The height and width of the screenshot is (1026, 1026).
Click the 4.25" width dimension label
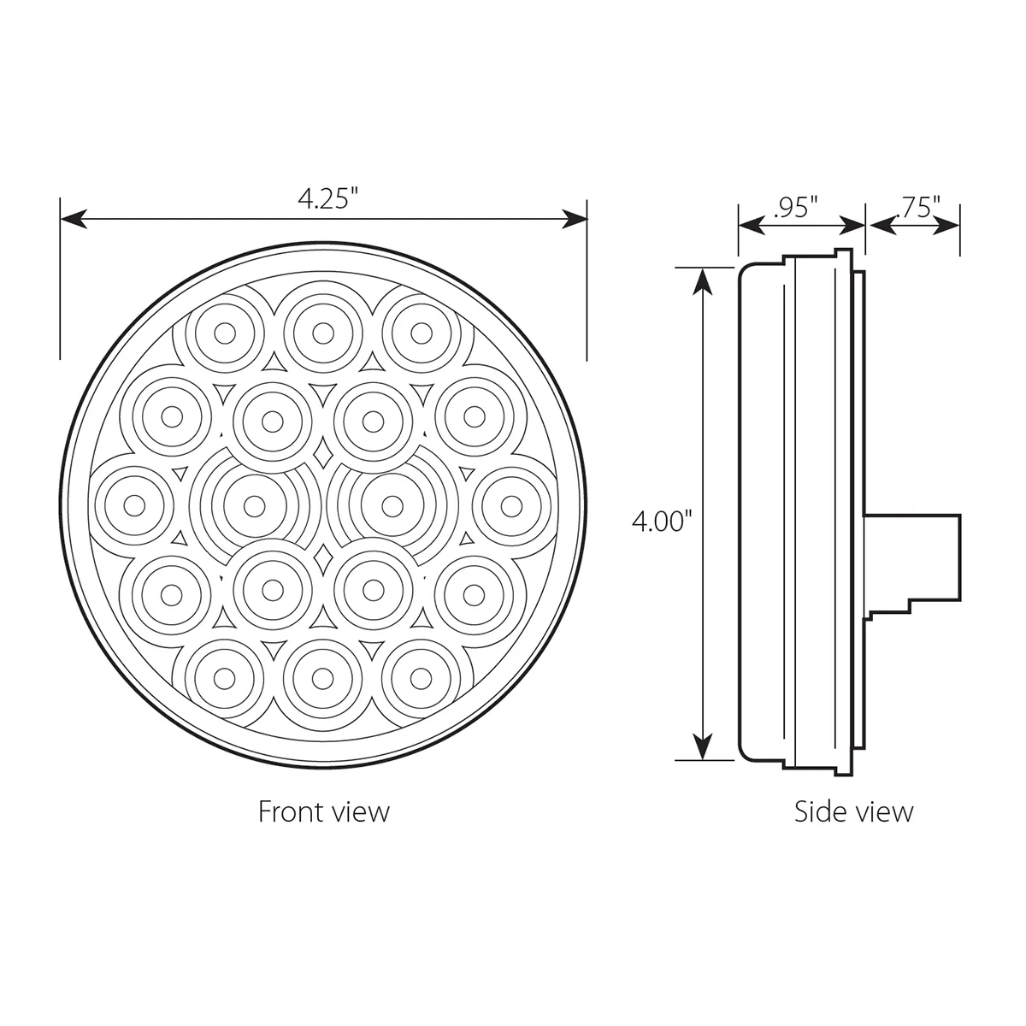pos(326,200)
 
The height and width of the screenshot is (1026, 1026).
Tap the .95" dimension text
pos(795,207)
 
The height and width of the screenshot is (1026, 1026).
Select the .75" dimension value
pos(918,207)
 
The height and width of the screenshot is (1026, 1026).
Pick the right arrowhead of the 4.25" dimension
pos(575,219)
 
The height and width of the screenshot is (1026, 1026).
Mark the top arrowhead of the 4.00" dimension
pos(704,281)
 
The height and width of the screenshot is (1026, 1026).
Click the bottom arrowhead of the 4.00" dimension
pos(704,746)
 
